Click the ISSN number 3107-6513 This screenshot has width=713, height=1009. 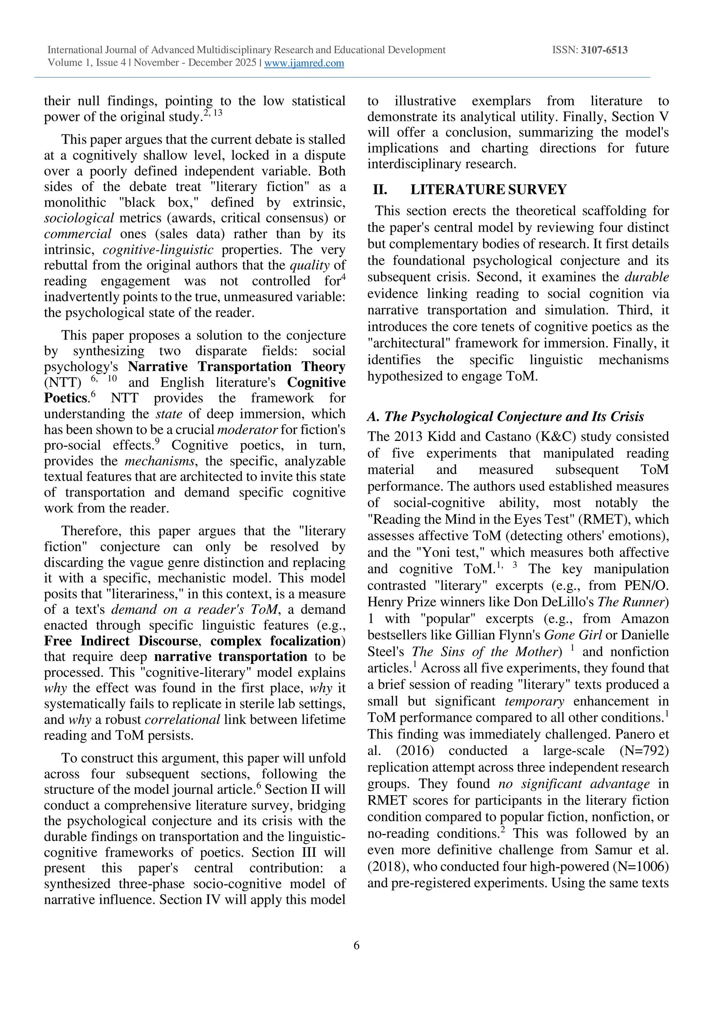[x=604, y=50]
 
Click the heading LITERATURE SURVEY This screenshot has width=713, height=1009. [x=488, y=190]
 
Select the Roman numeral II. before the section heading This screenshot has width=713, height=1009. [x=380, y=190]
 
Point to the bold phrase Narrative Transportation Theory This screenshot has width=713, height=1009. [x=236, y=366]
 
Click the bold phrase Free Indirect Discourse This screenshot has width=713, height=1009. [x=121, y=641]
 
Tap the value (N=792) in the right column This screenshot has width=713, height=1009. [x=644, y=751]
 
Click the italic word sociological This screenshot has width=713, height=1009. [x=79, y=218]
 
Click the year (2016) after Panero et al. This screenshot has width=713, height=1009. [x=415, y=751]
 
